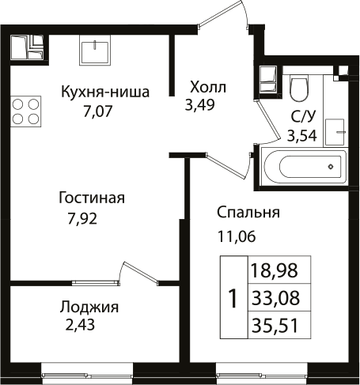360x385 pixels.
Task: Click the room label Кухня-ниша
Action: click(105, 91)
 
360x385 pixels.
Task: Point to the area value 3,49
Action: click(202, 104)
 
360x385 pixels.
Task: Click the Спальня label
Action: click(249, 213)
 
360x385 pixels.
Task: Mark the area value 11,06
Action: click(237, 234)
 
